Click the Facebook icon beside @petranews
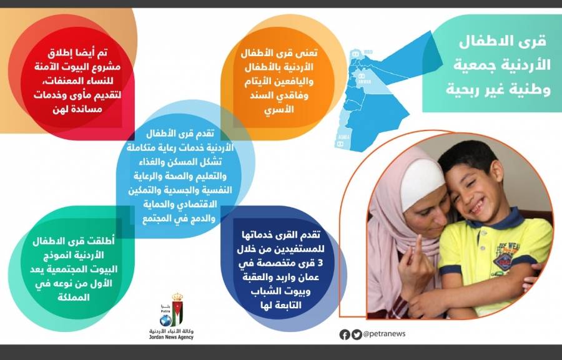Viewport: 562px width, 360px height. pyautogui.click(x=345, y=334)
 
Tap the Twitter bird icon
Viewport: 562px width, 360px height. pyautogui.click(x=357, y=334)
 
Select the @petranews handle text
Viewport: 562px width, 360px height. pyautogui.click(x=384, y=334)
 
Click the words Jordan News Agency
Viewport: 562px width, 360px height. pyautogui.click(x=171, y=337)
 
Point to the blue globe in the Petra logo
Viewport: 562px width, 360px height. pyautogui.click(x=165, y=320)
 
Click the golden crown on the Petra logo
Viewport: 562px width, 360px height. pyautogui.click(x=177, y=296)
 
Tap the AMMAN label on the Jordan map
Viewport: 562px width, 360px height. pyautogui.click(x=365, y=82)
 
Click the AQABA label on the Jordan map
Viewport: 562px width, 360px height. pyautogui.click(x=343, y=137)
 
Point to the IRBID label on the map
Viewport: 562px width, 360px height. pyautogui.click(x=368, y=52)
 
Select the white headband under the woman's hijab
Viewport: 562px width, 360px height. pyautogui.click(x=421, y=183)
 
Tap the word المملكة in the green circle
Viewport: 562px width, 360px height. pyautogui.click(x=74, y=298)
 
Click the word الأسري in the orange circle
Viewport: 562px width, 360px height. pyautogui.click(x=279, y=109)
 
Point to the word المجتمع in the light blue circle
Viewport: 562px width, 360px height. pyautogui.click(x=157, y=219)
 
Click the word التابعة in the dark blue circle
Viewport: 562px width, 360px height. pyautogui.click(x=288, y=305)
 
